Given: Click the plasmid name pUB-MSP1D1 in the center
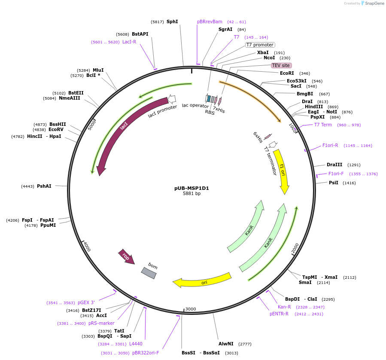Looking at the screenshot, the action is pyautogui.click(x=191, y=188).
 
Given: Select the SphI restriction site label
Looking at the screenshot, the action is pyautogui.click(x=172, y=21).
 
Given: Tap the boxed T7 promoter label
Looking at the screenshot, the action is pyautogui.click(x=260, y=45).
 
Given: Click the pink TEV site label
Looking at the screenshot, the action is pyautogui.click(x=281, y=65).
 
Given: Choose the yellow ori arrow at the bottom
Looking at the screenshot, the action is pyautogui.click(x=202, y=281).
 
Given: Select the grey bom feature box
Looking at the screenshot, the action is pyautogui.click(x=149, y=273).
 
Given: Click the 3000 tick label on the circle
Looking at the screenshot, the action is pyautogui.click(x=190, y=309).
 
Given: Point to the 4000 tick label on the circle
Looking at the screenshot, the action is pyautogui.click(x=87, y=247).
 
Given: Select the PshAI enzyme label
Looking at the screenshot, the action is pyautogui.click(x=44, y=186).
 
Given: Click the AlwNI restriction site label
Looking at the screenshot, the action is pyautogui.click(x=226, y=344).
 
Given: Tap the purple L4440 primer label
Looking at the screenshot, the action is pyautogui.click(x=136, y=344).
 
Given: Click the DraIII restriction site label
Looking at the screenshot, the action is pyautogui.click(x=334, y=165).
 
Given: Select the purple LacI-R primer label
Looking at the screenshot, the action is pyautogui.click(x=129, y=42).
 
